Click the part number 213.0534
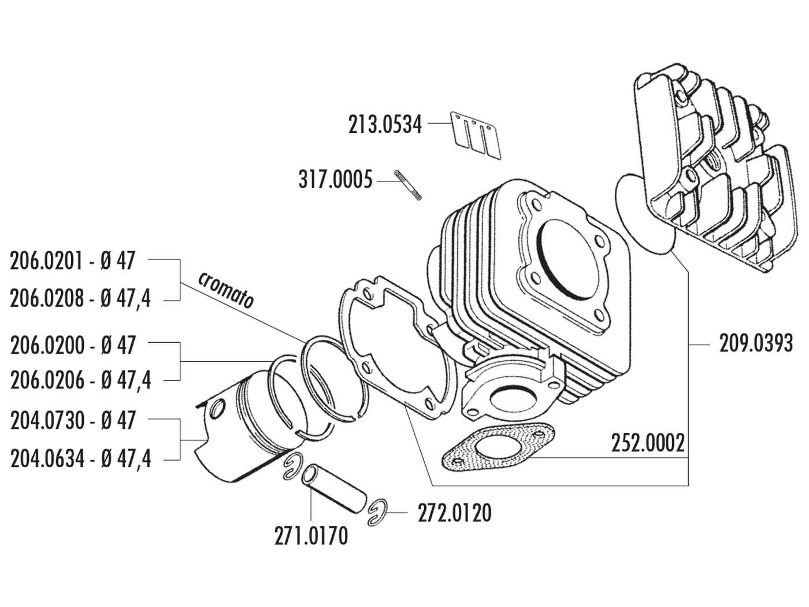click(x=385, y=125)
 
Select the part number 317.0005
click(x=335, y=180)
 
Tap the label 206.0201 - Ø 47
click(x=72, y=261)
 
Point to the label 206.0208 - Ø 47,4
click(x=80, y=299)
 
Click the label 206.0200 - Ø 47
click(x=73, y=345)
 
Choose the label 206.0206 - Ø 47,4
click(x=81, y=380)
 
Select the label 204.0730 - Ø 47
click(x=73, y=420)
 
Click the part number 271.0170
click(x=311, y=536)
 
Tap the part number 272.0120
click(x=454, y=513)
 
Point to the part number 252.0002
click(x=648, y=444)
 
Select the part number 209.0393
click(x=755, y=345)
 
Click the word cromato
click(x=226, y=289)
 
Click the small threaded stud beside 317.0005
click(x=408, y=185)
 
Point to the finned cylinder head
click(x=711, y=173)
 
